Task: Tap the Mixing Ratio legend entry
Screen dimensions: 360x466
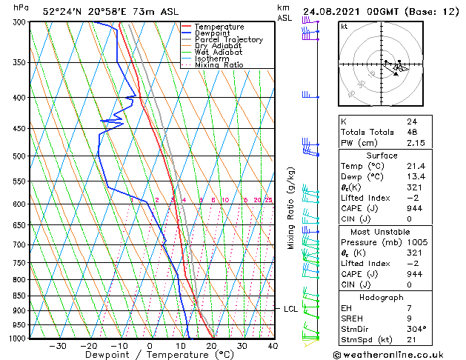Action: (x=219, y=65)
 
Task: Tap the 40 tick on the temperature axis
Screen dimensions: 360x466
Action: (x=273, y=346)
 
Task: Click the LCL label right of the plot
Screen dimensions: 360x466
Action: (x=290, y=309)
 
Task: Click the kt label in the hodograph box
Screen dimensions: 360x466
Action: (x=344, y=27)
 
